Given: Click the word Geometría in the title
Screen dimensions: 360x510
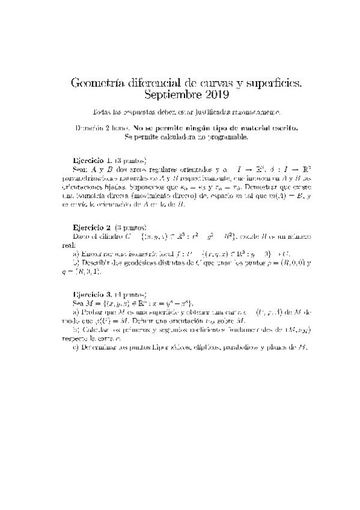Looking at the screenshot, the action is pyautogui.click(x=96, y=82).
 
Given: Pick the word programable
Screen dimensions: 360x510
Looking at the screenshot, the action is pyautogui.click(x=228, y=137).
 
